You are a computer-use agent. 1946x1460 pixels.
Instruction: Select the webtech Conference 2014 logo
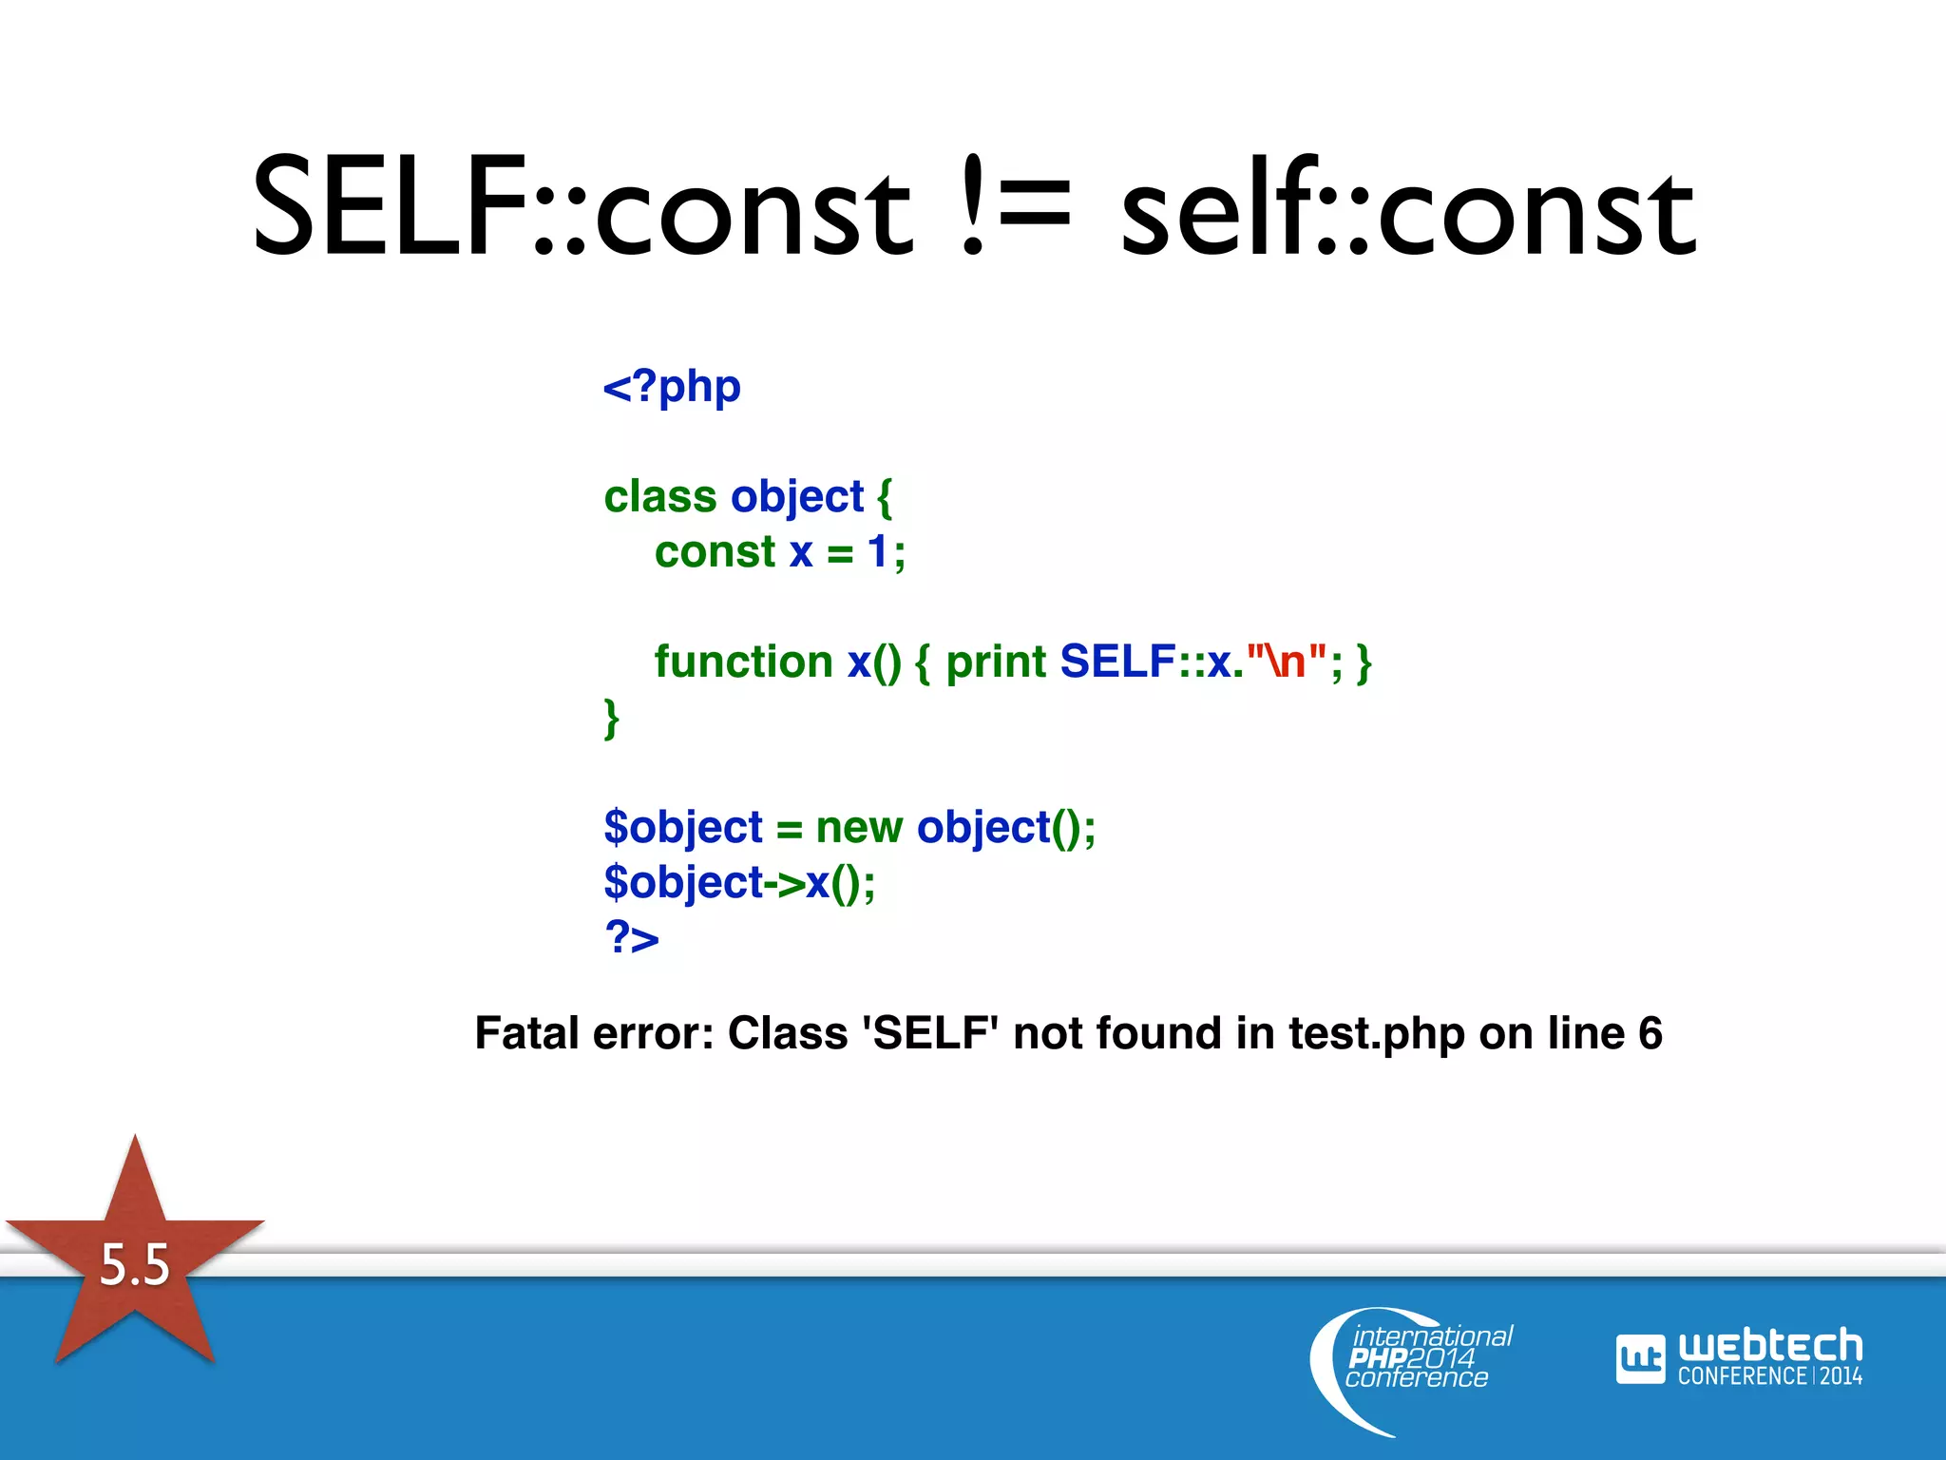point(1739,1357)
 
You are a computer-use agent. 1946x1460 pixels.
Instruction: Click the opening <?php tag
point(672,388)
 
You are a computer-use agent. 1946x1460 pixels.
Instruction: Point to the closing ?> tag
point(632,937)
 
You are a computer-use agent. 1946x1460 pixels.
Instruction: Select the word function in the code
point(744,662)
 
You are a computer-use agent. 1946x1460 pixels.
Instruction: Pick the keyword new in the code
point(859,827)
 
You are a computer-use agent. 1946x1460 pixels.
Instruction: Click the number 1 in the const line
point(877,552)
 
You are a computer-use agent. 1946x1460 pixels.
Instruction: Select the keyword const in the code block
point(715,552)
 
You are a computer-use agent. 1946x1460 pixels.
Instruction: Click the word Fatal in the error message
point(527,1034)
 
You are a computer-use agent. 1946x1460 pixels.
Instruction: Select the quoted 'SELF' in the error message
point(930,1034)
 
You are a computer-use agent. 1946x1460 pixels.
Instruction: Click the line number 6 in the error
point(1650,1034)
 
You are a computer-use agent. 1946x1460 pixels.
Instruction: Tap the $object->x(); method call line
point(739,883)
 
